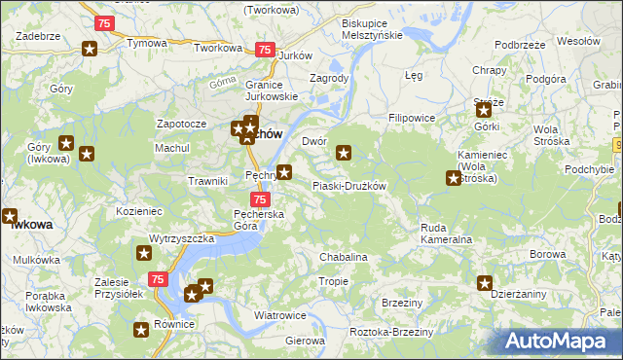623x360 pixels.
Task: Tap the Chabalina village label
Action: (344, 257)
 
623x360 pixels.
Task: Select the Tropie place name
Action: (333, 281)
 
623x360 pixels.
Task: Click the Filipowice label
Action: (410, 117)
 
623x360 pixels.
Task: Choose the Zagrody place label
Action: (328, 78)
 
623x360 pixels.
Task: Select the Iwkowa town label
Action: (31, 224)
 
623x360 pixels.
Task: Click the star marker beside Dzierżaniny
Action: (485, 283)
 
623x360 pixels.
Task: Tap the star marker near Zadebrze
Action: (90, 50)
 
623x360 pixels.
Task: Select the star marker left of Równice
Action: (141, 331)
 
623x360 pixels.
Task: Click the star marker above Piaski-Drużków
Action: (344, 152)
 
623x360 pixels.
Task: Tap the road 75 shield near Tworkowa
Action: (264, 50)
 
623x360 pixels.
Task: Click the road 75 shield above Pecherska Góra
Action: (247, 199)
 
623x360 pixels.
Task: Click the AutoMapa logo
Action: (559, 341)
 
